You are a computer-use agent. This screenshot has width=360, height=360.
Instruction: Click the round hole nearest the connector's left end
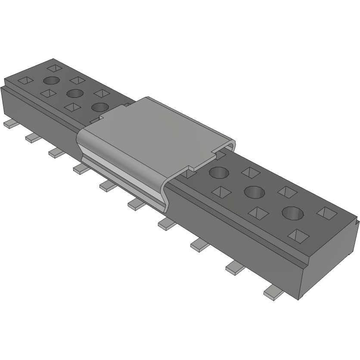51,80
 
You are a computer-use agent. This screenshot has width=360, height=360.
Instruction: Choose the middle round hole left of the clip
74,93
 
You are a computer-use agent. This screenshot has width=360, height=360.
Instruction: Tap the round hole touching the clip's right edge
219,172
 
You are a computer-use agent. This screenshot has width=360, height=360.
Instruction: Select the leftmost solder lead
9,124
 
